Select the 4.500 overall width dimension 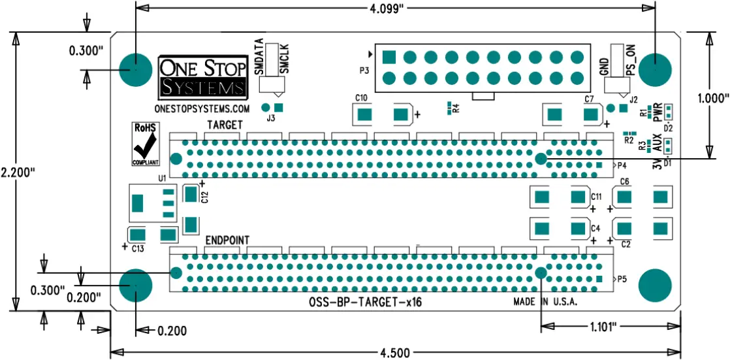coord(395,353)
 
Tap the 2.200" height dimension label coord(17,173)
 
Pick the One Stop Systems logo coord(203,77)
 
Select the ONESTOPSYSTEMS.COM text coord(202,108)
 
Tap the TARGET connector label coord(225,124)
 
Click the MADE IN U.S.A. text coord(545,303)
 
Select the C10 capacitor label coord(361,98)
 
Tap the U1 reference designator coord(162,177)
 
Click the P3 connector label coord(364,69)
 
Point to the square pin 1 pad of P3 coord(389,56)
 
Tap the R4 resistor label coord(456,108)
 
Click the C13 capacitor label coord(138,248)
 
